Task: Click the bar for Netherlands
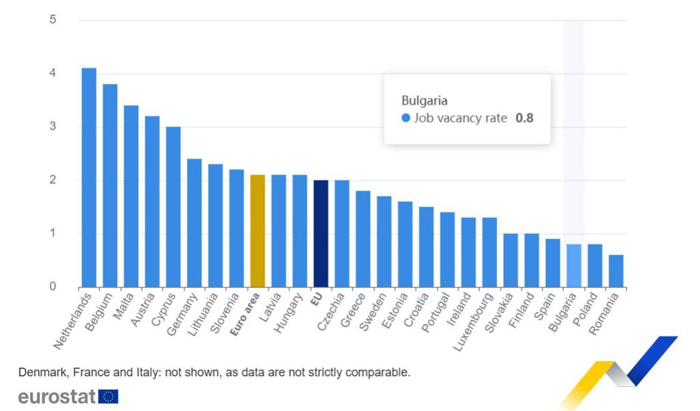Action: click(89, 178)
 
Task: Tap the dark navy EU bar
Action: click(321, 233)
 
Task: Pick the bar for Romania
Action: click(616, 271)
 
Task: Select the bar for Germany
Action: click(194, 223)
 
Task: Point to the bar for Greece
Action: click(362, 239)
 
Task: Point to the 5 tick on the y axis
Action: click(53, 20)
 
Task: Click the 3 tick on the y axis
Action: click(53, 127)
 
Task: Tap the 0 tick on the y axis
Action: click(53, 287)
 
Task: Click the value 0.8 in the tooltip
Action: click(524, 118)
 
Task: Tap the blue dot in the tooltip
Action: click(406, 118)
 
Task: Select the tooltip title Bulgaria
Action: click(424, 101)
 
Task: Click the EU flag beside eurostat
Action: click(108, 396)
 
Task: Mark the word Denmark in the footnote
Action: click(40, 373)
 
